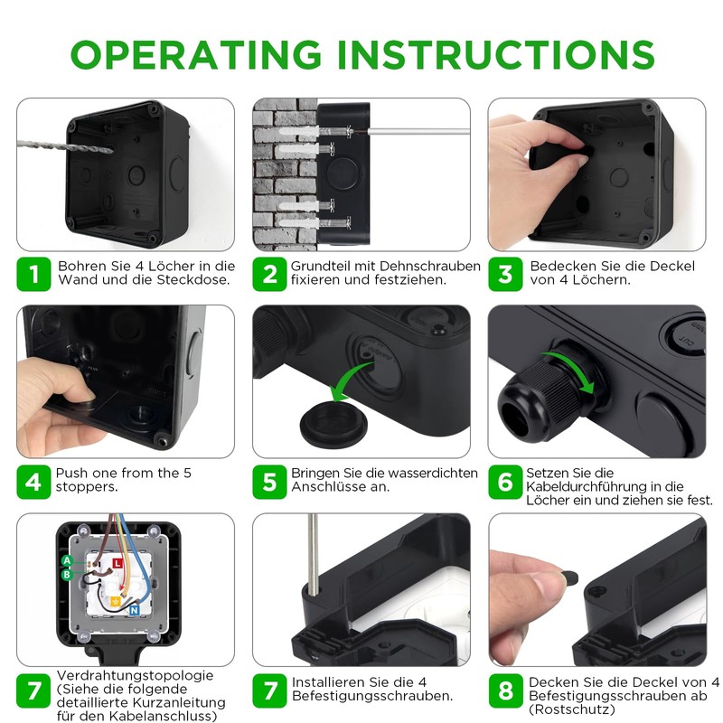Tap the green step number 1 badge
coord(33,274)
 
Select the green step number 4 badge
coord(33,482)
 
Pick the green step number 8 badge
coord(505,691)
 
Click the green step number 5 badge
coord(269,482)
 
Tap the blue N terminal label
coord(133,611)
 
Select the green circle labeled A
coord(67,561)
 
